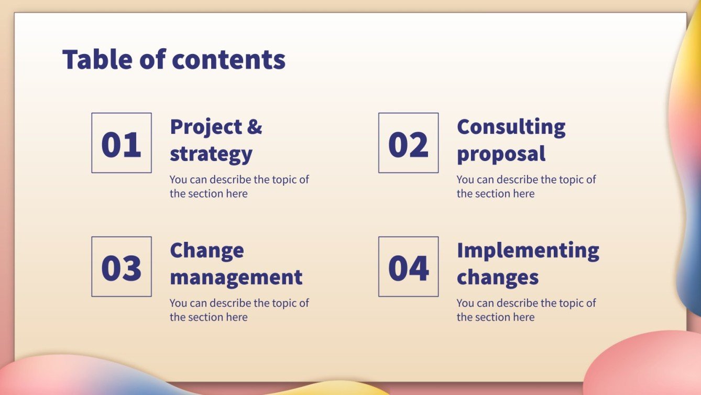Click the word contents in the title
click(229, 60)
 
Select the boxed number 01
click(122, 143)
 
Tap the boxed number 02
click(408, 143)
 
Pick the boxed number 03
click(122, 267)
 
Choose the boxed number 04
click(408, 267)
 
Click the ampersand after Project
click(254, 127)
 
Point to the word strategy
click(211, 154)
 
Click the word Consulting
click(511, 127)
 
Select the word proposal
click(501, 154)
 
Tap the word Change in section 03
click(206, 250)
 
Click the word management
click(236, 277)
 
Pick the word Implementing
click(528, 251)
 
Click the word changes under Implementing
click(497, 277)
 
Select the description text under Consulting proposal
click(525, 186)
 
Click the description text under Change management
click(239, 309)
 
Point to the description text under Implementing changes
click(525, 309)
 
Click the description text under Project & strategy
click(239, 186)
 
